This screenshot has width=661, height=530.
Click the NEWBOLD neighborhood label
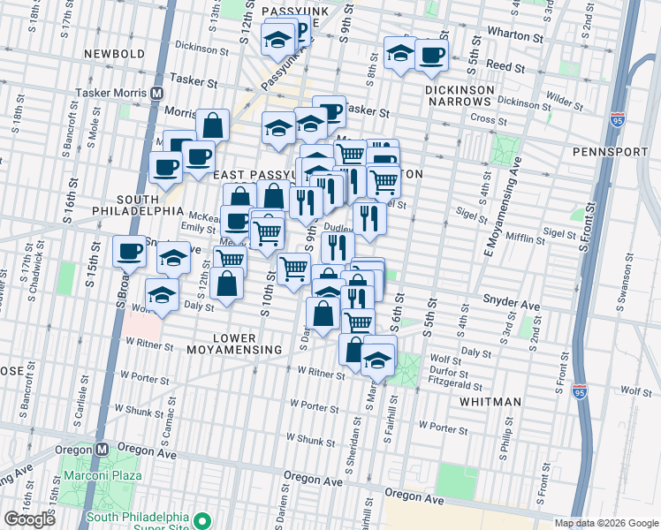(114, 54)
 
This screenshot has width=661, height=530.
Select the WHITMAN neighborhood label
(490, 402)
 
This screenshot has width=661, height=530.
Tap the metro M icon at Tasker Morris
(157, 93)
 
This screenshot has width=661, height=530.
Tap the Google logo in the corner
(29, 519)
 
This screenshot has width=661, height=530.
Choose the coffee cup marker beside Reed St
(431, 56)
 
